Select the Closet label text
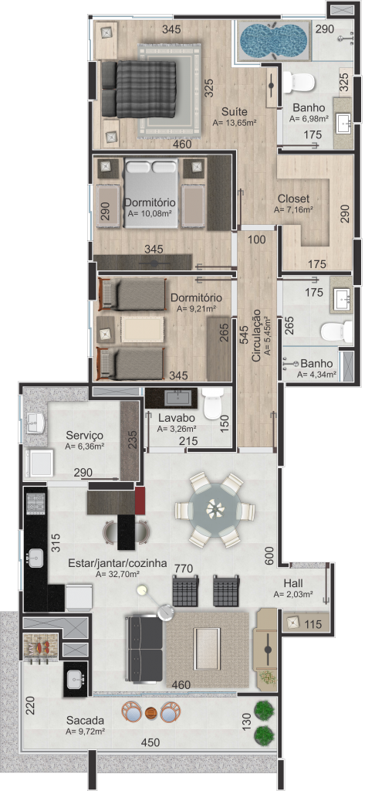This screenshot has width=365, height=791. [x=294, y=199]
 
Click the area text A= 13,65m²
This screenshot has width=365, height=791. [x=235, y=123]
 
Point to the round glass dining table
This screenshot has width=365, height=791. [x=215, y=510]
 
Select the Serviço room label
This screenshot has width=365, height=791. [x=84, y=436]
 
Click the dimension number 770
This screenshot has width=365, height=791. [x=184, y=569]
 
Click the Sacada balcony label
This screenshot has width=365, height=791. [x=85, y=721]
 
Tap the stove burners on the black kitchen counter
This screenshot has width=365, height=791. [x=35, y=503]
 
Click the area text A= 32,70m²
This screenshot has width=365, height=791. [x=117, y=574]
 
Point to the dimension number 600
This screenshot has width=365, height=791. [x=269, y=556]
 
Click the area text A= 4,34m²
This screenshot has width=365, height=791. [x=316, y=375]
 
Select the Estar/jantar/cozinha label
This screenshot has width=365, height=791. [x=117, y=563]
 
